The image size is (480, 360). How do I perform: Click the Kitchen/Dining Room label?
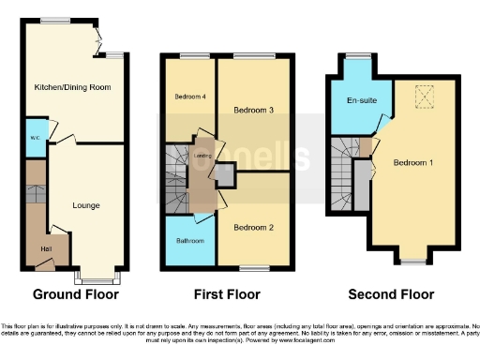pyautogui.click(x=72, y=87)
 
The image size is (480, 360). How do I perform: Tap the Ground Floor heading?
pyautogui.click(x=76, y=293)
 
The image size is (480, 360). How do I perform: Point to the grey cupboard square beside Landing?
pyautogui.click(x=225, y=174)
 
